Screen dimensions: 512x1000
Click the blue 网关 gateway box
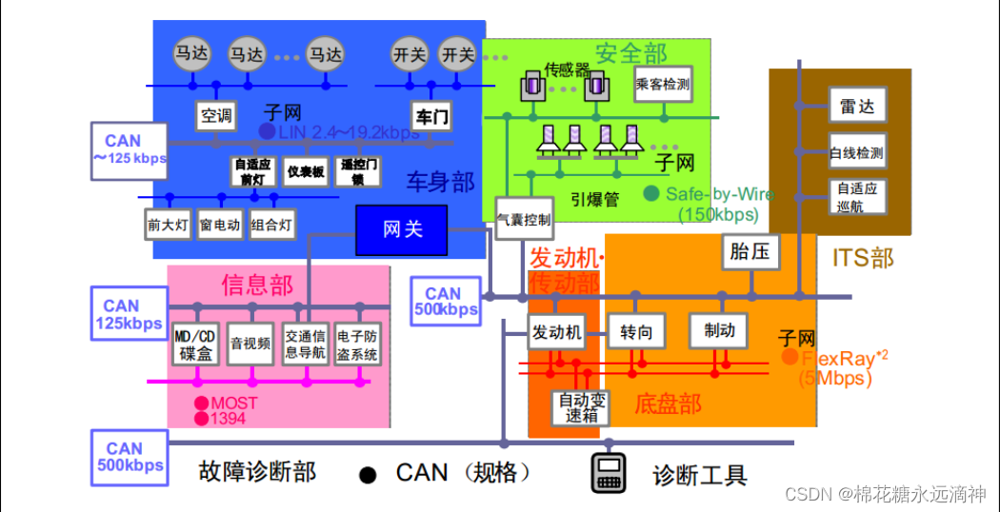(402, 229)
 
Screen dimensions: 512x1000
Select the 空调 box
(215, 116)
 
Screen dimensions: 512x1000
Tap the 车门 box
(430, 116)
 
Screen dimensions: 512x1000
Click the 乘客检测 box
(662, 85)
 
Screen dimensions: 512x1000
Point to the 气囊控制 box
(524, 220)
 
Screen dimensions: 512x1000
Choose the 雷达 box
(857, 107)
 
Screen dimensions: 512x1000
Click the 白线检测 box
(856, 152)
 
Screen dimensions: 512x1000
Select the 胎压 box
(751, 252)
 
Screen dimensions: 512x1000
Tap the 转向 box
(636, 331)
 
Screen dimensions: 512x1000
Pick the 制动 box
(719, 330)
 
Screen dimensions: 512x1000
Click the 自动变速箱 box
(581, 407)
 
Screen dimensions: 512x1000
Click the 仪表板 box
(306, 172)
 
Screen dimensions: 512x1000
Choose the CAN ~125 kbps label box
(130, 149)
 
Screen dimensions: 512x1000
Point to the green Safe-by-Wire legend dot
(651, 193)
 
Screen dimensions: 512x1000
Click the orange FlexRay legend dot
(790, 357)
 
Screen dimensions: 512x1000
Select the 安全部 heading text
(630, 53)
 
